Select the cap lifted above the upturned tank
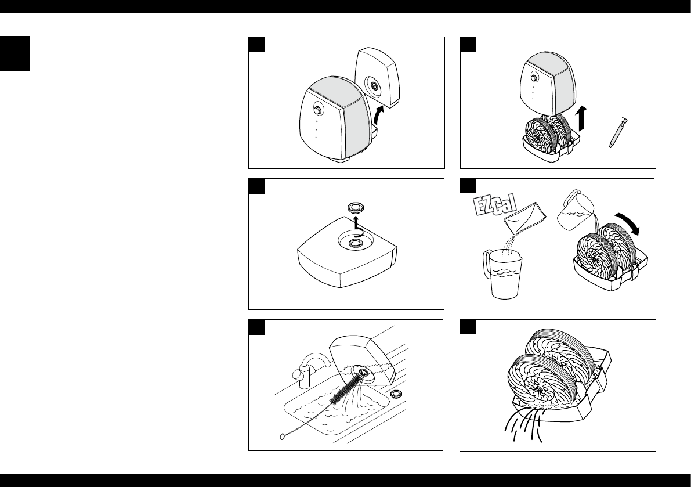point(354,207)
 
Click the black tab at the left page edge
point(15,53)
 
